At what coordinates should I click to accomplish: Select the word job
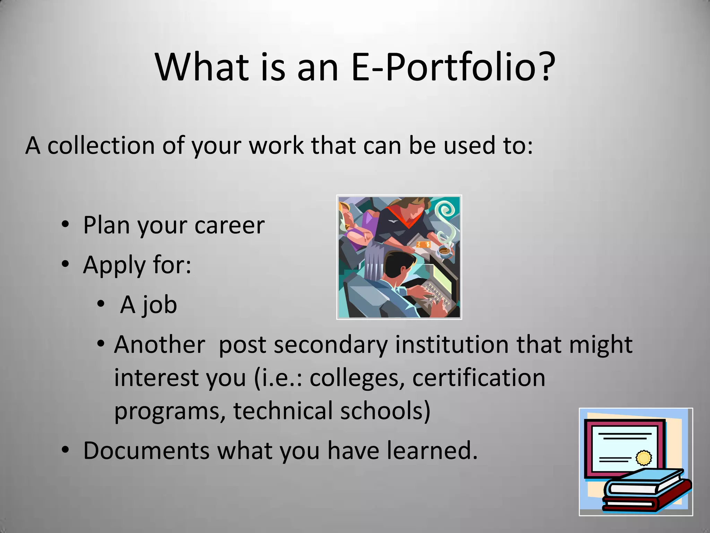[159, 305]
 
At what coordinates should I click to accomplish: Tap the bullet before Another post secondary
[101, 344]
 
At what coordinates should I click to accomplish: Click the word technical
[282, 411]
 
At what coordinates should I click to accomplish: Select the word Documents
[146, 450]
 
